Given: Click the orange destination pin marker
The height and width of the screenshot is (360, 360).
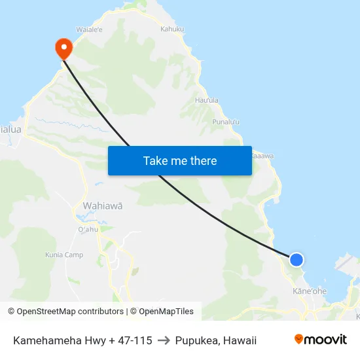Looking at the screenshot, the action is click(x=64, y=46).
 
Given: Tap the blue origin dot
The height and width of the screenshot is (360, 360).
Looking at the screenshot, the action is click(x=297, y=260).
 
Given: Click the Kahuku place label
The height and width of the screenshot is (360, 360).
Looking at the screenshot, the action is click(x=171, y=29).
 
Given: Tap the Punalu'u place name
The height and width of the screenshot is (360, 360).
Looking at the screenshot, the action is click(x=226, y=122).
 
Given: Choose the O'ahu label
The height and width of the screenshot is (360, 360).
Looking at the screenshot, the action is click(x=88, y=230).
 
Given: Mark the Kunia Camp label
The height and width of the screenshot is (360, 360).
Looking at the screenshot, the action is click(x=64, y=255).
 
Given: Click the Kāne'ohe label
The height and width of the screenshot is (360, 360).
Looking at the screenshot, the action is click(x=310, y=291).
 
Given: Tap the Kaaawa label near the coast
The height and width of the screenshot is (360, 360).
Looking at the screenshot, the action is click(x=262, y=156).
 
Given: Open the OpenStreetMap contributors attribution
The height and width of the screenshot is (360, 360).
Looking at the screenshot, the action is click(x=65, y=312).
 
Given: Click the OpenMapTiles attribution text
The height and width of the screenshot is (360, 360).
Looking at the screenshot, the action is click(x=162, y=312).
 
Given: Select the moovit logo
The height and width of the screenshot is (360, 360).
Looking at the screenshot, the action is click(x=320, y=340).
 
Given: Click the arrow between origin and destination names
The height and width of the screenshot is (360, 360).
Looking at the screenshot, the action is click(x=164, y=340).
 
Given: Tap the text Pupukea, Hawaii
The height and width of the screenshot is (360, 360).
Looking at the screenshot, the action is click(x=215, y=340).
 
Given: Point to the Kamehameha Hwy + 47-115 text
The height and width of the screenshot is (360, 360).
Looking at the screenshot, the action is click(x=82, y=340).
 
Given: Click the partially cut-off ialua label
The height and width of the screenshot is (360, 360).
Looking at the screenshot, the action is click(x=11, y=130).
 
